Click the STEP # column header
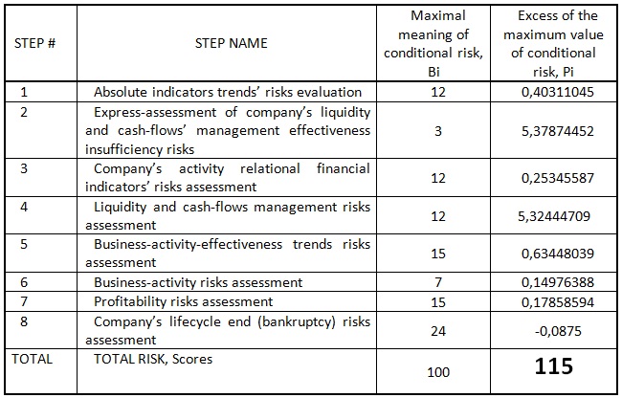[x=34, y=43]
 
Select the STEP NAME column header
[x=232, y=43]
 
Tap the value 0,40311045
[x=558, y=92]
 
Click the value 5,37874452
[x=558, y=131]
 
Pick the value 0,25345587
[x=558, y=178]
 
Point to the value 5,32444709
[x=554, y=216]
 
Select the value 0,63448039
[x=558, y=254]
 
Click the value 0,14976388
[x=558, y=282]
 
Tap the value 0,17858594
[x=558, y=302]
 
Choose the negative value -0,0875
[x=558, y=331]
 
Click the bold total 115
[x=554, y=365]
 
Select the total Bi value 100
[x=438, y=372]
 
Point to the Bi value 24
[x=438, y=331]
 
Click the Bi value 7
[x=438, y=282]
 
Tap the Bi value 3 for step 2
[x=438, y=131]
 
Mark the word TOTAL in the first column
[x=33, y=359]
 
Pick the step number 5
[x=24, y=244]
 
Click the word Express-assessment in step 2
[x=155, y=113]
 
